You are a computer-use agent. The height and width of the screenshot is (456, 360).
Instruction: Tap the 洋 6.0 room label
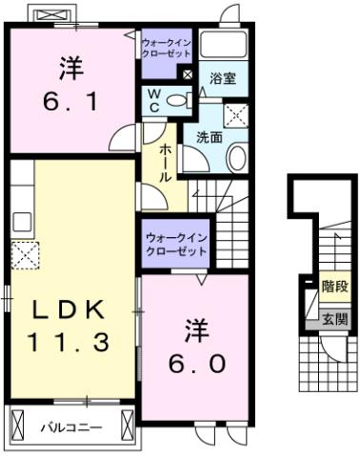click(x=196, y=347)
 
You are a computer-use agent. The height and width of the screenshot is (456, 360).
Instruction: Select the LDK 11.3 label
click(x=69, y=324)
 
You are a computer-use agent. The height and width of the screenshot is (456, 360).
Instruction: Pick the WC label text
click(x=153, y=99)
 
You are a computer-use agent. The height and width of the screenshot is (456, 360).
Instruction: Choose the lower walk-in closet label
click(x=175, y=243)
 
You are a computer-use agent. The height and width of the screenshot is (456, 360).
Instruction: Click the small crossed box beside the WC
click(x=188, y=74)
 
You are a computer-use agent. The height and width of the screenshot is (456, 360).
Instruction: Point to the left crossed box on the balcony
click(x=18, y=427)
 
